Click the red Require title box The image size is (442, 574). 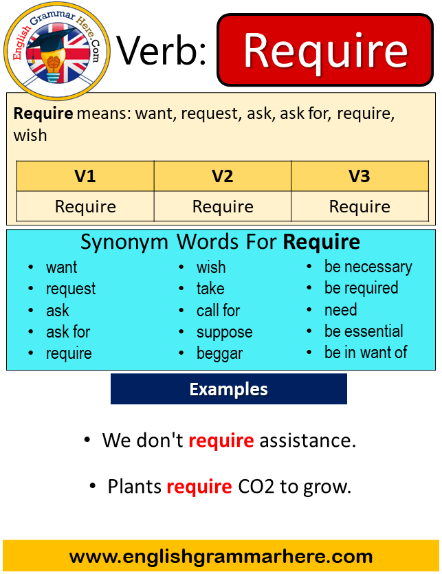click(325, 50)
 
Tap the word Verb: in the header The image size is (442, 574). click(162, 52)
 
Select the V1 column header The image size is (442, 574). click(85, 176)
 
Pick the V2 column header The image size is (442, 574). click(223, 176)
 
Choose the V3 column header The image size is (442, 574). click(360, 176)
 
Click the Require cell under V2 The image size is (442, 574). click(223, 206)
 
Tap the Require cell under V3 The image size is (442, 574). click(360, 206)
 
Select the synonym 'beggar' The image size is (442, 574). click(219, 353)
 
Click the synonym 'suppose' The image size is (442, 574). click(225, 333)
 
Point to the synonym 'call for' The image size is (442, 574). click(219, 311)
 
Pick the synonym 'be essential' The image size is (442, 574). click(364, 331)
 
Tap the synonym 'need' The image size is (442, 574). click(340, 310)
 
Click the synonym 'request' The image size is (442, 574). click(71, 289)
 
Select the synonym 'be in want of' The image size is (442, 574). click(366, 352)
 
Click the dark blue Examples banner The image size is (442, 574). click(228, 389)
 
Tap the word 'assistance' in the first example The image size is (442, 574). click(307, 440)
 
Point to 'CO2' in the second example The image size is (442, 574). click(256, 487)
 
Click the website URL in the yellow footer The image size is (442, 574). click(221, 556)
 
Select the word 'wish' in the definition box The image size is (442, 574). click(30, 135)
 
